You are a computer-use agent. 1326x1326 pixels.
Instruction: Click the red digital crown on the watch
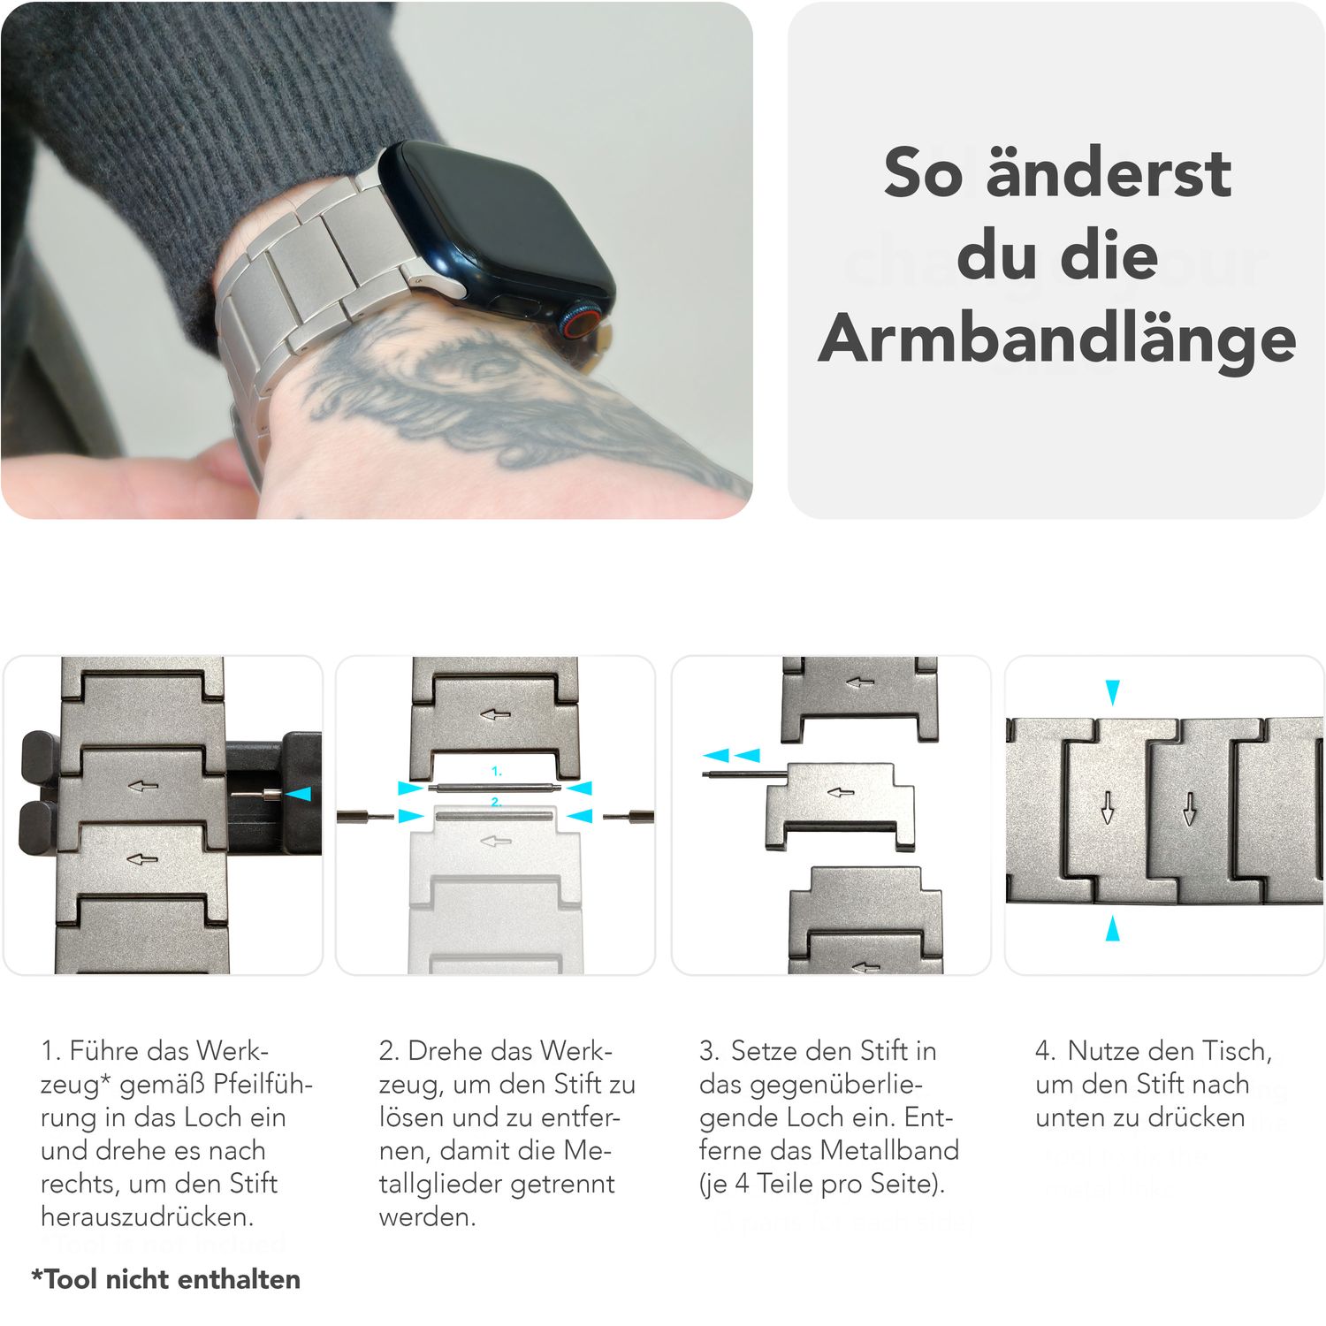[x=579, y=323]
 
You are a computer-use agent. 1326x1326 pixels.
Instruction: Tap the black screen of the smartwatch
[x=495, y=221]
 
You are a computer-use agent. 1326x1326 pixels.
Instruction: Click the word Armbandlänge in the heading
[x=1056, y=340]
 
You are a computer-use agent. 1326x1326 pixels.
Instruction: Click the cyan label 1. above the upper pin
[x=496, y=771]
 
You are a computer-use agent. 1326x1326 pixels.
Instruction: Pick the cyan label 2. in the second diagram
[x=496, y=802]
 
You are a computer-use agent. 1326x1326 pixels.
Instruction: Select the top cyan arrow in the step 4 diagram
[x=1112, y=691]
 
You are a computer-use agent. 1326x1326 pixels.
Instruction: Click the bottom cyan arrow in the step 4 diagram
[x=1112, y=928]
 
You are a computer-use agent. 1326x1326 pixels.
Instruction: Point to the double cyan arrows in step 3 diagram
[x=731, y=755]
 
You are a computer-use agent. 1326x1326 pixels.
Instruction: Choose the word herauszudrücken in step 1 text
[x=147, y=1217]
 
